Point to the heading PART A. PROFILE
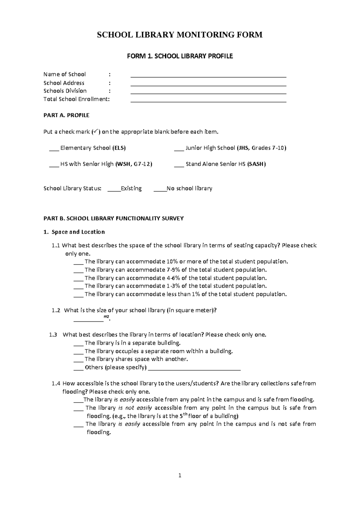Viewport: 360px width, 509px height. [x=66, y=115]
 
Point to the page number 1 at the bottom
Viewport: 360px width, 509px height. [x=180, y=475]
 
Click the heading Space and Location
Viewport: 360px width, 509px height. [x=78, y=232]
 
